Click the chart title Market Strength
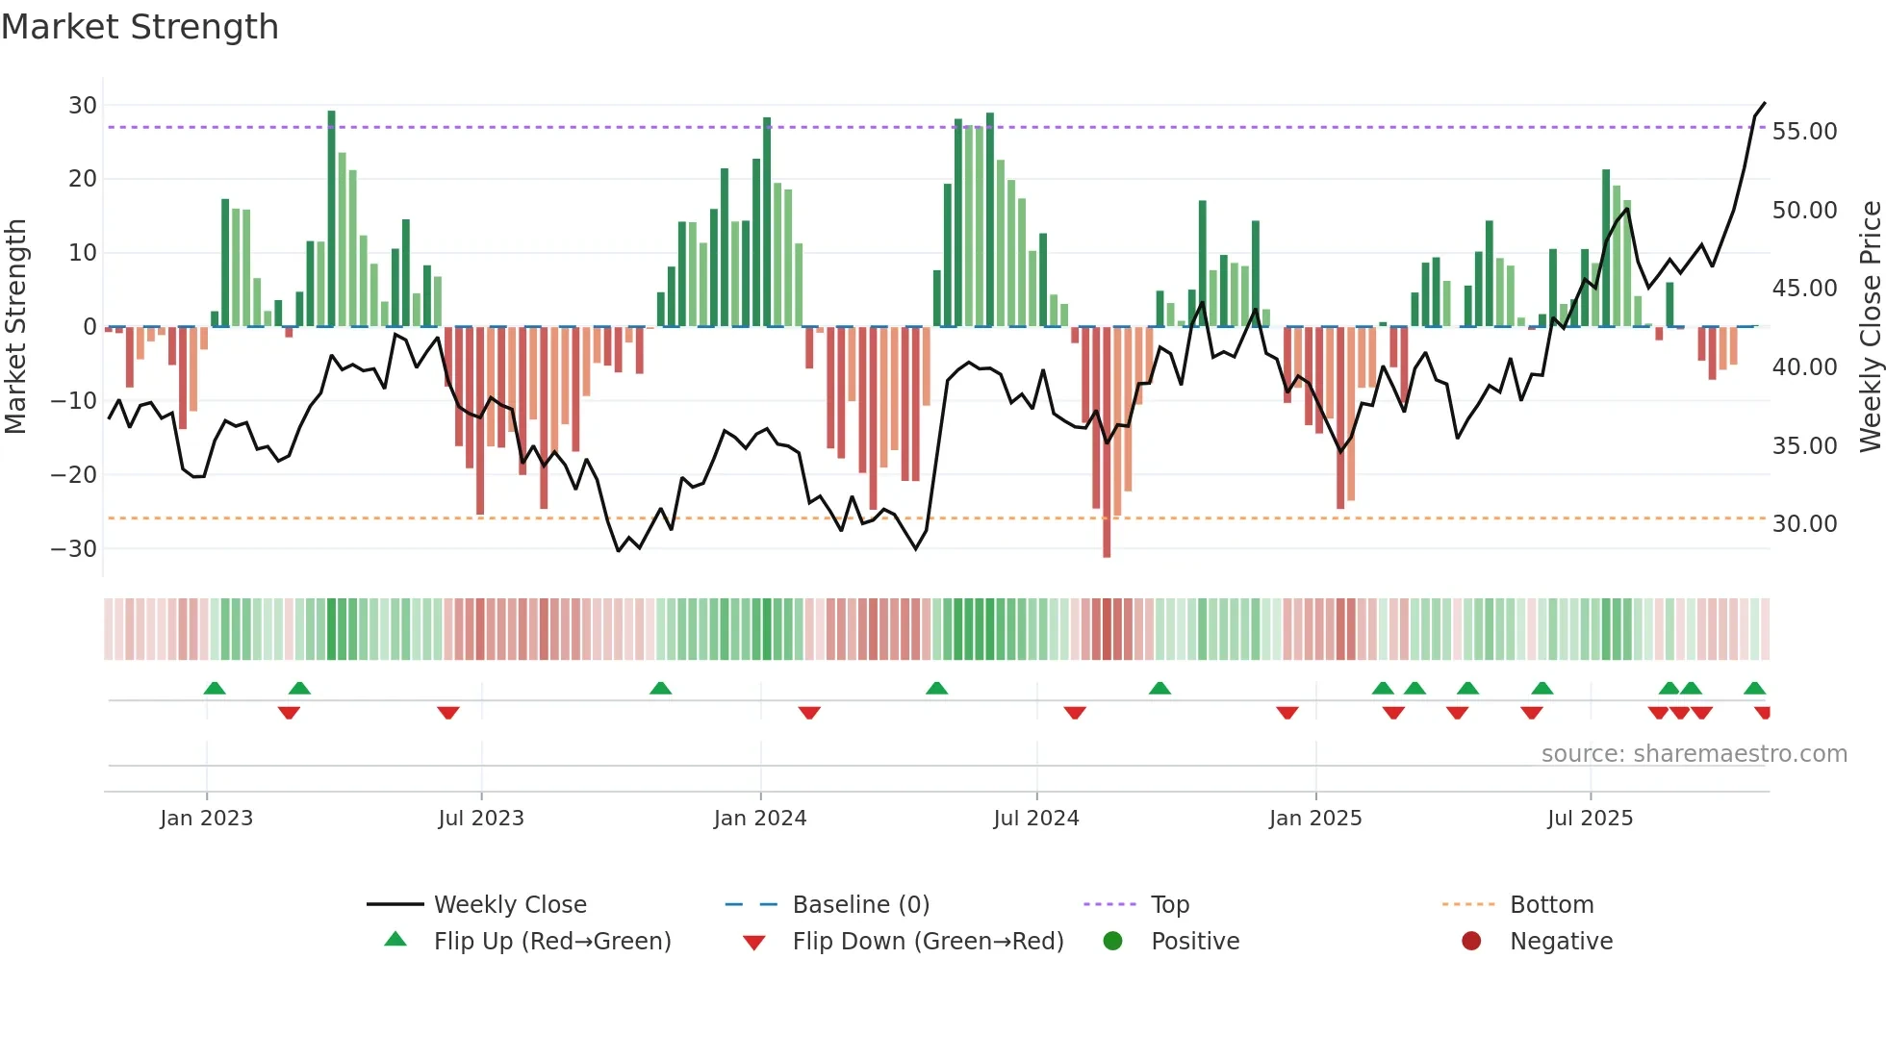pos(140,27)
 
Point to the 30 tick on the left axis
pos(83,106)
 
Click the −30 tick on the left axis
pos(74,549)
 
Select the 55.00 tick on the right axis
pos(1804,132)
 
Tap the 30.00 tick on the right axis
pos(1804,524)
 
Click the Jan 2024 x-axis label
pos(759,819)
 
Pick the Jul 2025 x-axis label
pos(1590,819)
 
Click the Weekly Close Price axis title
pos(1870,327)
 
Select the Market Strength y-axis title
pos(16,327)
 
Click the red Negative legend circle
pos(1471,942)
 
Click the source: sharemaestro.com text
pos(1694,754)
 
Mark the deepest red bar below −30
pos(1107,552)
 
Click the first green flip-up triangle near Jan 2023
pos(215,689)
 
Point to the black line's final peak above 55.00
pos(1765,103)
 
